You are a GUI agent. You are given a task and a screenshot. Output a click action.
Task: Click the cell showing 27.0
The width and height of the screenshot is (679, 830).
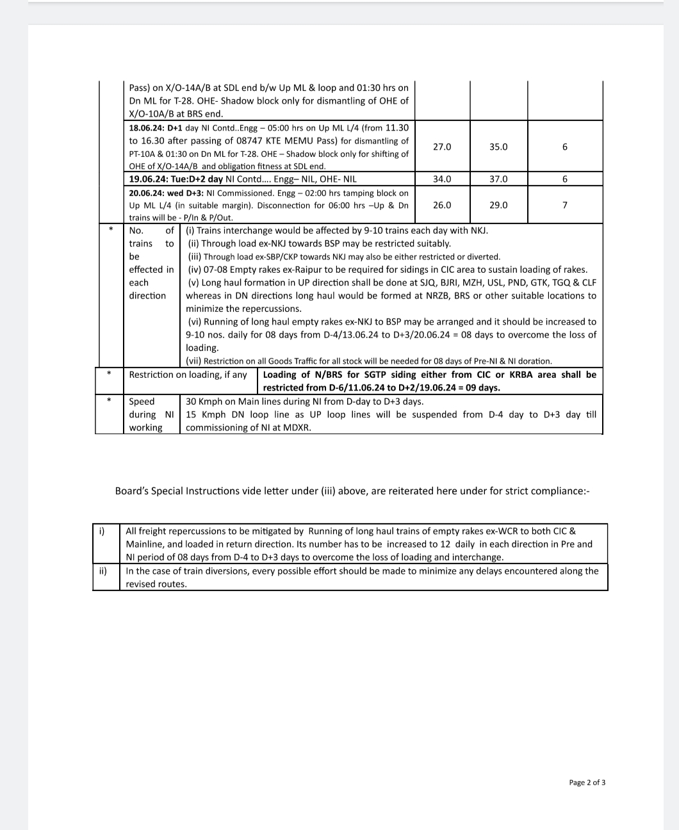[442, 147]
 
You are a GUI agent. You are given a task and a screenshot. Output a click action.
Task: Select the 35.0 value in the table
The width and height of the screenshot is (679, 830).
[498, 147]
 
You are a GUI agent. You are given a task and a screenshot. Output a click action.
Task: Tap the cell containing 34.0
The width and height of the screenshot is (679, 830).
[442, 179]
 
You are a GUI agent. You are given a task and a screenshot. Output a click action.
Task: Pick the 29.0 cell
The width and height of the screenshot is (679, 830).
[498, 205]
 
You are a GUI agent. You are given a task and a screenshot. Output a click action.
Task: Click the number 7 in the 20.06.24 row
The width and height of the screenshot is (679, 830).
[564, 205]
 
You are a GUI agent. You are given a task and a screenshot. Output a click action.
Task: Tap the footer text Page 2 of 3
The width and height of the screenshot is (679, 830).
[587, 783]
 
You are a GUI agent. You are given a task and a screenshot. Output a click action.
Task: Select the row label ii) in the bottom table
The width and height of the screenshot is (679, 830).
[102, 571]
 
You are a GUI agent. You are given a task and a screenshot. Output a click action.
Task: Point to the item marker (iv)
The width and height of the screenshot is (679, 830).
[194, 270]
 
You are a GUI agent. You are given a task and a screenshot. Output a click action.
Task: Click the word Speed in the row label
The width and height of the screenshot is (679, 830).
[142, 402]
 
